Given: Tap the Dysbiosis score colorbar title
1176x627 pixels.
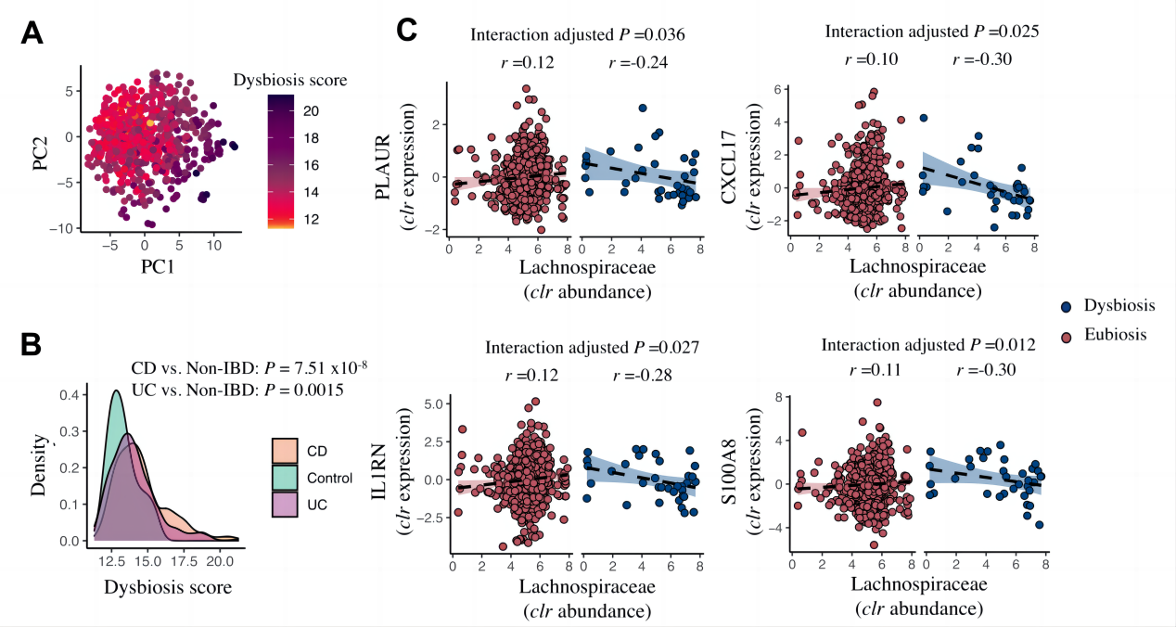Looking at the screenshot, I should pyautogui.click(x=289, y=81).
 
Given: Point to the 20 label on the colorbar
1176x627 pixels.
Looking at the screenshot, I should pyautogui.click(x=312, y=111).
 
